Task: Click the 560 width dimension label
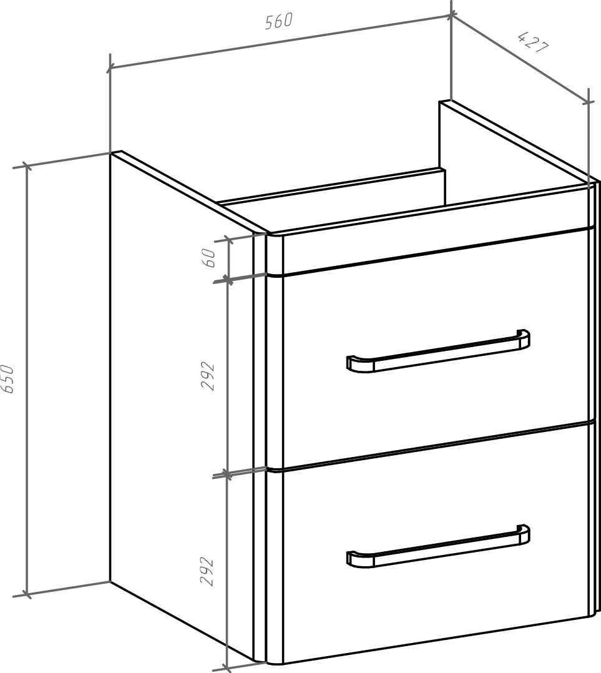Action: (279, 21)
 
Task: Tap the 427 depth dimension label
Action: (533, 42)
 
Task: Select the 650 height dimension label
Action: (7, 378)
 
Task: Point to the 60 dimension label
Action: (210, 257)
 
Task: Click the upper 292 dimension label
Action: (208, 376)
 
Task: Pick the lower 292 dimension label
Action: (207, 571)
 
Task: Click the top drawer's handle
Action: (438, 350)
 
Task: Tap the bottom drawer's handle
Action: (438, 546)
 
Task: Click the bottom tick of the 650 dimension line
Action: (27, 595)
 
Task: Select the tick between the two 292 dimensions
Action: (228, 474)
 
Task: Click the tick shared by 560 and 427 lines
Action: (451, 16)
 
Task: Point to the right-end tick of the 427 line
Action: (589, 102)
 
